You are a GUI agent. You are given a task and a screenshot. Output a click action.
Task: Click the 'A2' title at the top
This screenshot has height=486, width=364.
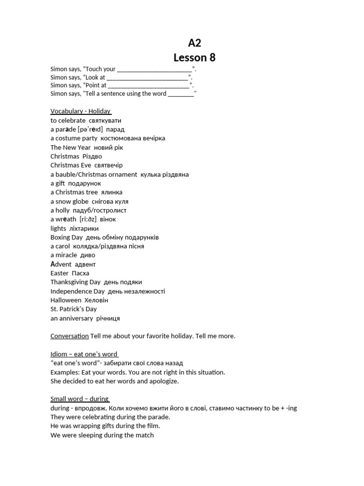[x=194, y=43]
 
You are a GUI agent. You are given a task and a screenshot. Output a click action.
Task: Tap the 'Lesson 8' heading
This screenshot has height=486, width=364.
[x=194, y=57]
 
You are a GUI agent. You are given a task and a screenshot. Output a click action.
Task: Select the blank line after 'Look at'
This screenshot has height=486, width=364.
[x=147, y=77]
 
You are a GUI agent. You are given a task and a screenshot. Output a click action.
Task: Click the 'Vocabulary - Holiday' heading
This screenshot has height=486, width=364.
[x=81, y=111]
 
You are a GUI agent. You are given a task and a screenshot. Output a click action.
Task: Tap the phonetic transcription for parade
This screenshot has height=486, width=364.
[x=86, y=129]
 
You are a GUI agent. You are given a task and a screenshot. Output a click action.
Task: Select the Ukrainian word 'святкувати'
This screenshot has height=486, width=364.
[x=105, y=121]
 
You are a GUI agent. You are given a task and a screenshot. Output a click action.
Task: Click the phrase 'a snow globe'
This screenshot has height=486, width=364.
[x=69, y=201]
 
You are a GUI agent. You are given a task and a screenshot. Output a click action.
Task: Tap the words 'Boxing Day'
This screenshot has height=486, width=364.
[x=66, y=237]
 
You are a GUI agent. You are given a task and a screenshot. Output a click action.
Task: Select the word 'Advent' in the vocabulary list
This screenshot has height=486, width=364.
[x=61, y=264]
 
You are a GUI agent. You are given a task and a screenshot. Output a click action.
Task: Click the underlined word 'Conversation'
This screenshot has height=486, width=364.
[x=69, y=336]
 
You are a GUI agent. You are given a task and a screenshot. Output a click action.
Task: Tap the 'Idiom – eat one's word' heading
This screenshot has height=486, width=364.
[x=84, y=354]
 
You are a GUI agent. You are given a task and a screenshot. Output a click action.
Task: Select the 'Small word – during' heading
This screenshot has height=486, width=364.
[x=80, y=399]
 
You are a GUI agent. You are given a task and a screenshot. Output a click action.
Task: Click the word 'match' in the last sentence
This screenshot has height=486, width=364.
[x=145, y=435]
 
